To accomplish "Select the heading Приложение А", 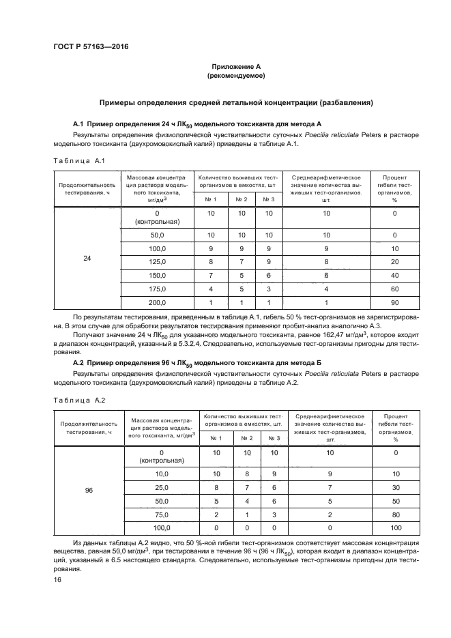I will [x=236, y=66].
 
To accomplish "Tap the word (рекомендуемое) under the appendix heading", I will [x=236, y=76].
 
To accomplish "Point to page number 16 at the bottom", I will [x=58, y=579].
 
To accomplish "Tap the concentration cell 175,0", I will [x=158, y=289].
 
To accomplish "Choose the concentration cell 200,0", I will [x=158, y=302].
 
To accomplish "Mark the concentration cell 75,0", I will [x=160, y=514].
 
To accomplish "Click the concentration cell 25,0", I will [x=160, y=487].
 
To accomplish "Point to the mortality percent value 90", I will [x=394, y=302].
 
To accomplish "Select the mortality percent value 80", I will [x=394, y=514].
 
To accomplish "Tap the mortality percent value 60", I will [x=394, y=289].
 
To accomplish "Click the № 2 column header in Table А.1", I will [x=241, y=199].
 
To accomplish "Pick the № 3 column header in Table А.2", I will [x=274, y=438].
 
